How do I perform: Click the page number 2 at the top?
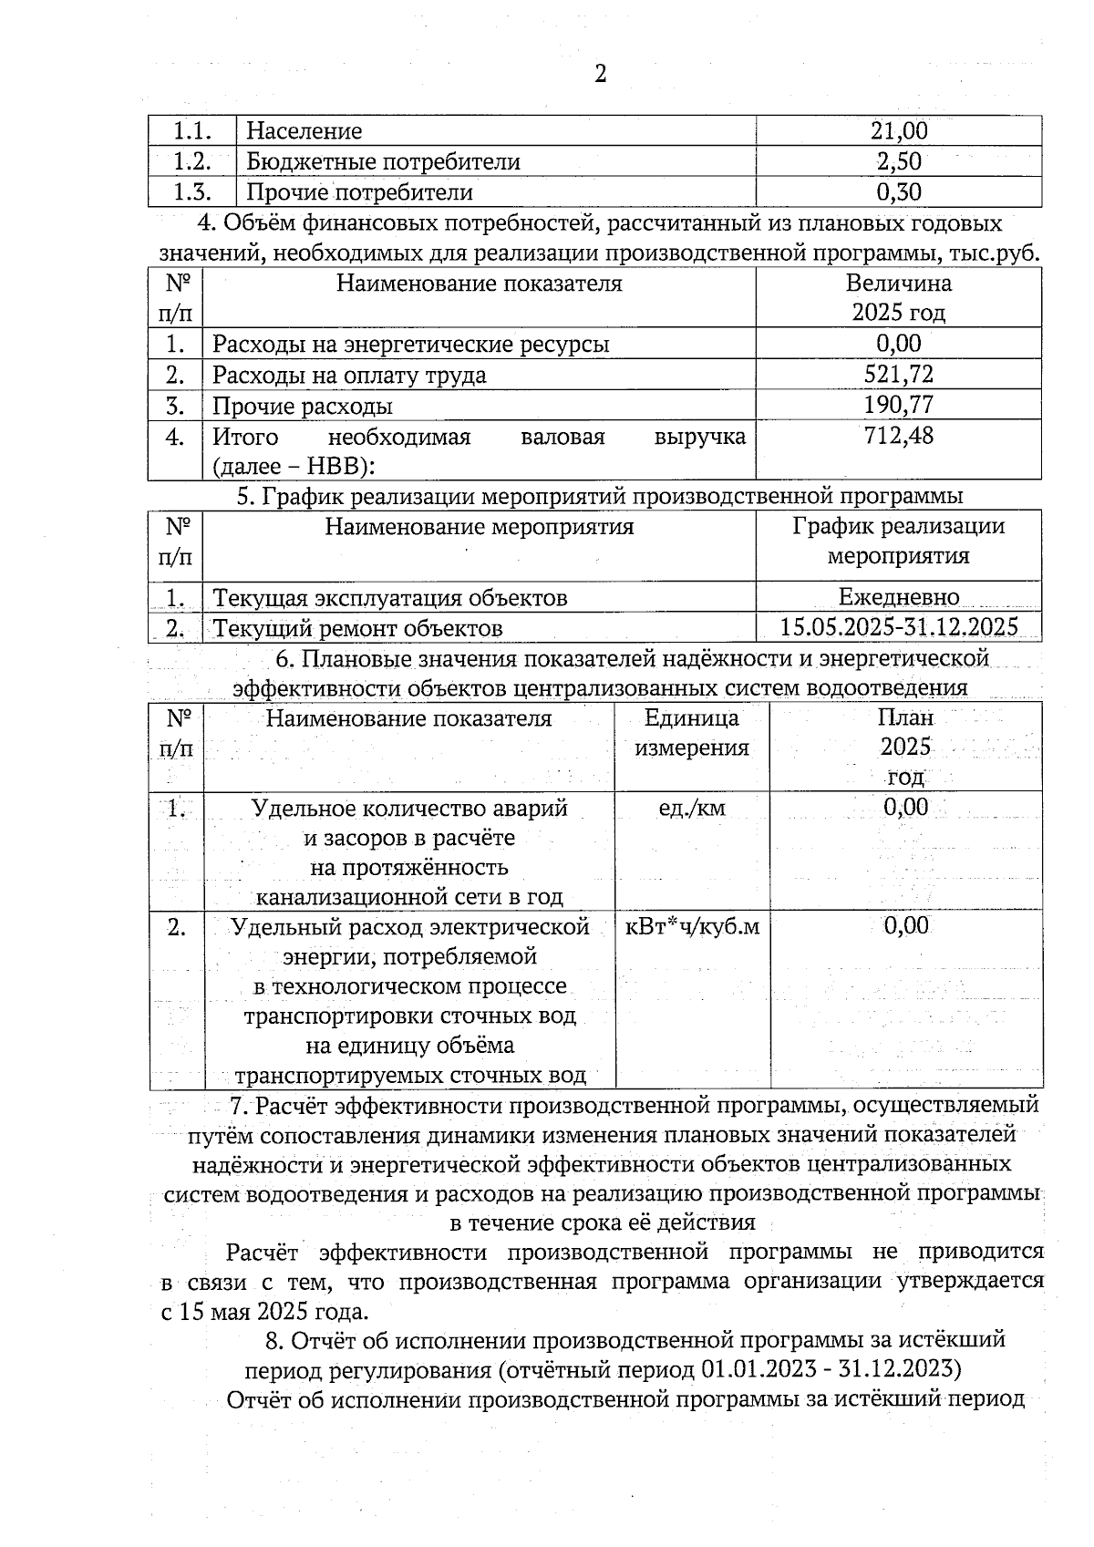coord(600,74)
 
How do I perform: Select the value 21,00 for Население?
coord(898,131)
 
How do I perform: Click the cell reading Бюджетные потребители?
coord(384,162)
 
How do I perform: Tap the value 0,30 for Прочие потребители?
coord(898,192)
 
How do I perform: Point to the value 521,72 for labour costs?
coord(898,375)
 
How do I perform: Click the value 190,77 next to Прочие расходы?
coord(898,405)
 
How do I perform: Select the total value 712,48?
coord(898,436)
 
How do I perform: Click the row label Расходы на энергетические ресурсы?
coord(411,345)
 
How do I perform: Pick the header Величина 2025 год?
coord(898,298)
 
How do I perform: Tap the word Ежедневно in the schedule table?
coord(898,597)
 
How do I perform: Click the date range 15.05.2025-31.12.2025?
coord(898,627)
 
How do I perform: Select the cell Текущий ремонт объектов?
coord(357,628)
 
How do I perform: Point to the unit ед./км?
coord(691,808)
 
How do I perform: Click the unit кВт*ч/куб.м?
coord(692,927)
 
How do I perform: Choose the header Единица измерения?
coord(691,733)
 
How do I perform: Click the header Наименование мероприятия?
coord(480,527)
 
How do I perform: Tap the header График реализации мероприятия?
coord(898,541)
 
